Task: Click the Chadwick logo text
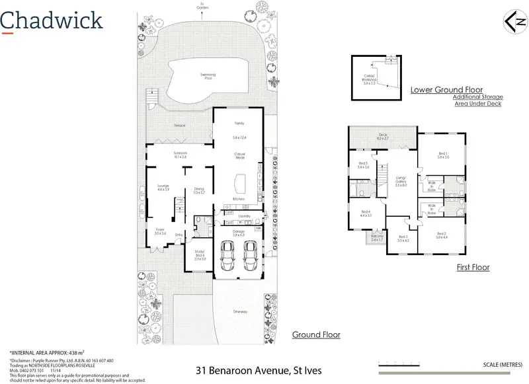(x=52, y=20)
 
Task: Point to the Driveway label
(x=239, y=311)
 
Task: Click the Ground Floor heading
(x=316, y=335)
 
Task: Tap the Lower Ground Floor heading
(x=446, y=89)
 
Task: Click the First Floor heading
(x=473, y=268)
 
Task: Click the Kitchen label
(x=239, y=199)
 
